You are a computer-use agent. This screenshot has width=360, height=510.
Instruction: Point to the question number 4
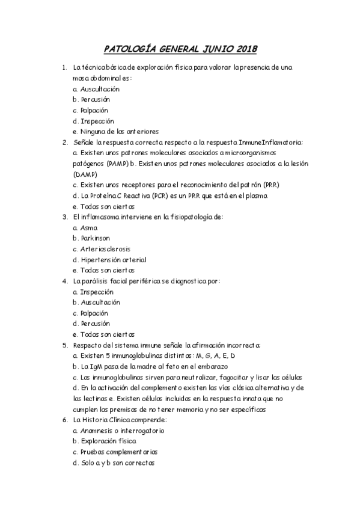(64, 281)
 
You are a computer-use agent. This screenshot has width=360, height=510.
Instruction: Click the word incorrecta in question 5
(239, 345)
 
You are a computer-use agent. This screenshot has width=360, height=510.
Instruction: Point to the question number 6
(64, 420)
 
